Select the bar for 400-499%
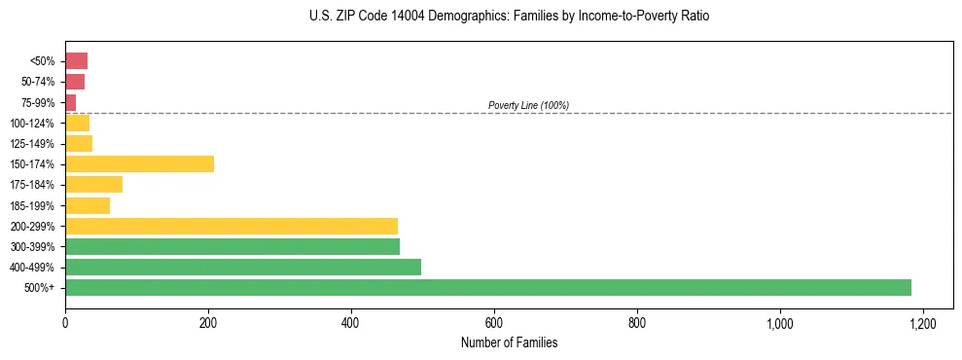click(x=243, y=267)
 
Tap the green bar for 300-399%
click(x=232, y=246)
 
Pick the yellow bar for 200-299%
click(x=232, y=226)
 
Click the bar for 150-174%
click(x=139, y=164)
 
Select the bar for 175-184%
click(x=93, y=185)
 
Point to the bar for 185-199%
click(x=88, y=205)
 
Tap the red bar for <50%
click(x=76, y=61)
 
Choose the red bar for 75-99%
click(x=70, y=102)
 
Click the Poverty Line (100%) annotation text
click(x=528, y=105)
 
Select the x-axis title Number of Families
click(x=510, y=342)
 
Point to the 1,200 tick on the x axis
click(x=922, y=322)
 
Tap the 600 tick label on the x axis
click(x=494, y=322)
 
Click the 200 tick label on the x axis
click(x=208, y=322)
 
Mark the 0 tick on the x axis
click(x=65, y=322)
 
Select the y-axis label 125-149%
click(x=32, y=144)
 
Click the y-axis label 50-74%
click(x=37, y=82)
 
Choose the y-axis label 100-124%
click(x=32, y=124)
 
